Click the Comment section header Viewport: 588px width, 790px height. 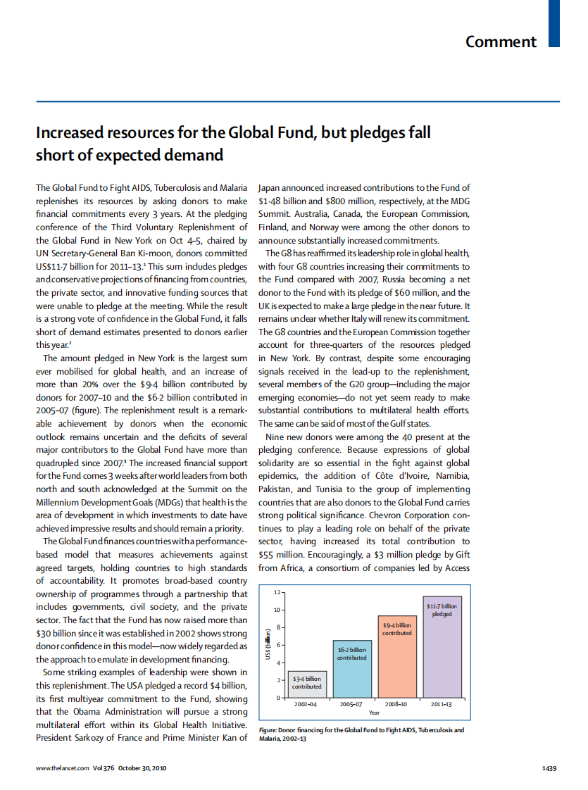[x=501, y=42]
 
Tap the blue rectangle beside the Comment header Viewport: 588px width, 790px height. [x=553, y=23]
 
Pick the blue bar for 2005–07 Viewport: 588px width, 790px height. [x=351, y=669]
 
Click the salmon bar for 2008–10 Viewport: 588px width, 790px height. [x=396, y=655]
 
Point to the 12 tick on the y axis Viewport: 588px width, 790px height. [x=277, y=591]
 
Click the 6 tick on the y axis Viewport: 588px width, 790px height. [x=279, y=645]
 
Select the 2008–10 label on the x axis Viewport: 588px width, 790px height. [x=396, y=703]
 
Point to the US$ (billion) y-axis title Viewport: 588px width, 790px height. [x=268, y=644]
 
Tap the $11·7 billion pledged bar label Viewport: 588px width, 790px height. [x=442, y=610]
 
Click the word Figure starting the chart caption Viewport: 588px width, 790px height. [x=270, y=730]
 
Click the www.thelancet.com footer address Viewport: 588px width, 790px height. [x=62, y=768]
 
